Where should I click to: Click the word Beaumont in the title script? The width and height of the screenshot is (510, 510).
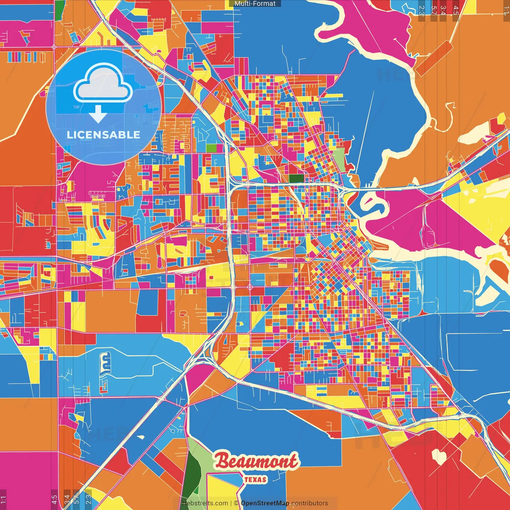(x=256, y=462)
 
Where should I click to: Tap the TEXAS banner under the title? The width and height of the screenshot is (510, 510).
(x=255, y=479)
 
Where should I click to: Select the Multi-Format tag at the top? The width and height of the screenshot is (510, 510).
(x=255, y=4)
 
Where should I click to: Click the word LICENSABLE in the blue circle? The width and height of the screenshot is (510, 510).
(x=104, y=135)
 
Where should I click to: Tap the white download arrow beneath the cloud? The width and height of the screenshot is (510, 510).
(x=98, y=114)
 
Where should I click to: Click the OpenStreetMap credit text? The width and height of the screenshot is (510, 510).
(x=265, y=503)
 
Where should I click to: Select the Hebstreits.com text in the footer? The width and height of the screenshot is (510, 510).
(x=205, y=503)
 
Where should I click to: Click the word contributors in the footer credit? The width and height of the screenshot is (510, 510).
(x=310, y=503)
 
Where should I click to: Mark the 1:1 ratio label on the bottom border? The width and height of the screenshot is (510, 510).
(x=3, y=498)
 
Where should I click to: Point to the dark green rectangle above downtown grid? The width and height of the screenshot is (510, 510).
(x=296, y=178)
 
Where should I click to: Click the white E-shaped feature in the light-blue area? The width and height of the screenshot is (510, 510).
(x=105, y=363)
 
